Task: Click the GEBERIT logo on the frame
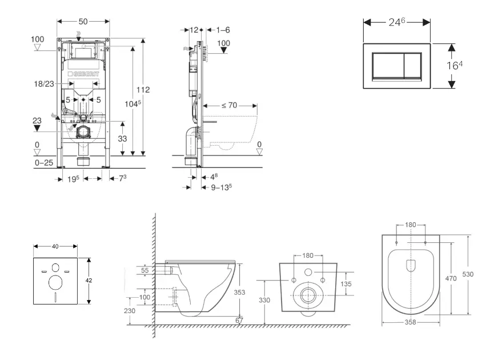(x=83, y=74)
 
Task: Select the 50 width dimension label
(x=83, y=21)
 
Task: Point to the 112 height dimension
(x=143, y=90)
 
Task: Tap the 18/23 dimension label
(x=44, y=84)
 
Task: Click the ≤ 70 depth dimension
(x=230, y=105)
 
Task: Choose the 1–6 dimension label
(x=223, y=30)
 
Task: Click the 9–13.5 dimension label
(x=222, y=187)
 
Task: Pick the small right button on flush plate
(x=413, y=65)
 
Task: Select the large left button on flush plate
(x=388, y=65)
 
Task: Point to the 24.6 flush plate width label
(x=397, y=22)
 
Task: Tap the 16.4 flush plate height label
(x=455, y=65)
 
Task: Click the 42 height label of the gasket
(x=89, y=281)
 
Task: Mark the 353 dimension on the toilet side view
(x=240, y=292)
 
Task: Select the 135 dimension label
(x=346, y=284)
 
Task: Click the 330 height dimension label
(x=264, y=300)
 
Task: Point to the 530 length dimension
(x=468, y=274)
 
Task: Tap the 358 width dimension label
(x=411, y=322)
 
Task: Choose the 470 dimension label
(x=451, y=278)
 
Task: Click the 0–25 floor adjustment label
(x=44, y=162)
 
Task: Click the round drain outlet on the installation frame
(x=83, y=132)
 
